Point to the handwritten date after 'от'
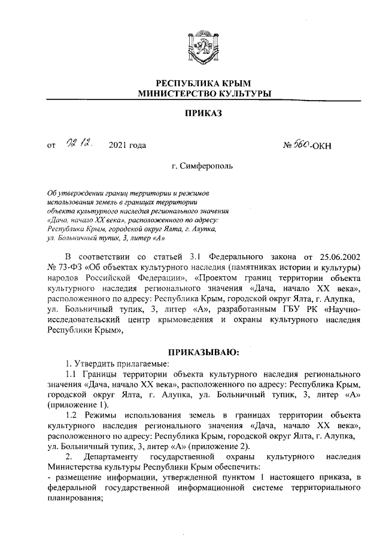[78, 143]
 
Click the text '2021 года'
[127, 144]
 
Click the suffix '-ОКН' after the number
[336, 144]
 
